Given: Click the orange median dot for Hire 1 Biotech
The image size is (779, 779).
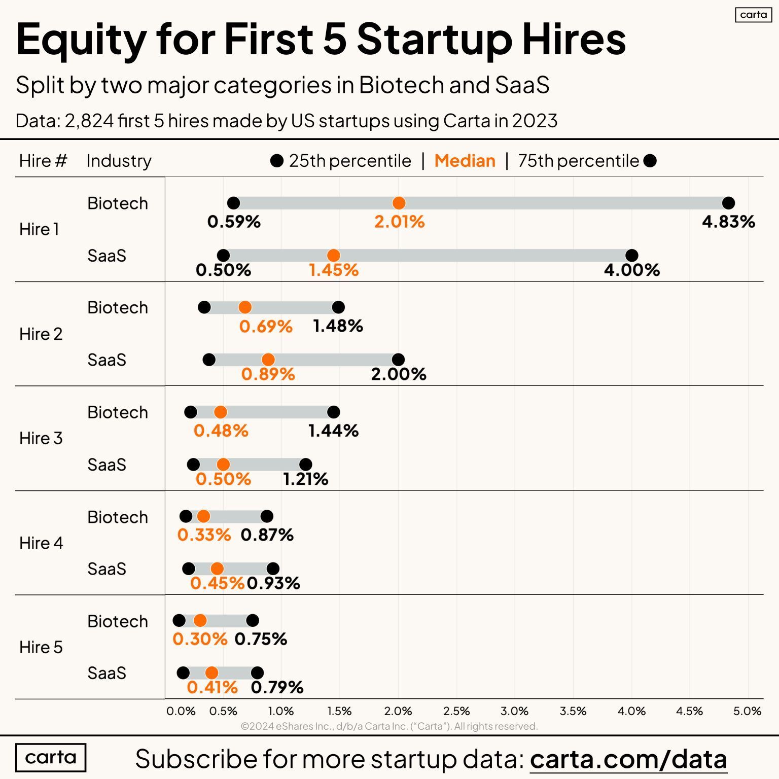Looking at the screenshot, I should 399,203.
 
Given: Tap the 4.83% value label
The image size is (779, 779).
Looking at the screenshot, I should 728,222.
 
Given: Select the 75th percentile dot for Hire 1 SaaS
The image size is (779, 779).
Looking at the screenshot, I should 632,256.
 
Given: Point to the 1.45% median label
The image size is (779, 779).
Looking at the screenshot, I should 334,270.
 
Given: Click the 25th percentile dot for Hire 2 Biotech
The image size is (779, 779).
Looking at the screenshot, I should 204,307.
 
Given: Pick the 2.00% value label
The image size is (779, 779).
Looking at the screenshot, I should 399,374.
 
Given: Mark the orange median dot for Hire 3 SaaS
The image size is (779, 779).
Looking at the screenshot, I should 223,465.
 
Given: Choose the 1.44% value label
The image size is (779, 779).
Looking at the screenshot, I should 333,431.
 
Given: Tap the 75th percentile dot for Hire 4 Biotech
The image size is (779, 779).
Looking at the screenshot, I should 267,517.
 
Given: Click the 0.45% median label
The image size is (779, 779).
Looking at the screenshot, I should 217,583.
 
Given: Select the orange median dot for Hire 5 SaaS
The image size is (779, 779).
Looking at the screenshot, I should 212,673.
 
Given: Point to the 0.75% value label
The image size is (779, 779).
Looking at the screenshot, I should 261,639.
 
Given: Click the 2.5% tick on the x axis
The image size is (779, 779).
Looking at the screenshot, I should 456,711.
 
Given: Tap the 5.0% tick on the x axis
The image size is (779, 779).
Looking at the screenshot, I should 748,711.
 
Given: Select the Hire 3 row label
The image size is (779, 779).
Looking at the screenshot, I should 41,438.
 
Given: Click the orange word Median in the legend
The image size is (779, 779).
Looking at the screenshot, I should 465,161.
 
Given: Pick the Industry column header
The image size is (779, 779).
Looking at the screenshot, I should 119,161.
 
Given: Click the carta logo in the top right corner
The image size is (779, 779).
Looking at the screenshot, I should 753,15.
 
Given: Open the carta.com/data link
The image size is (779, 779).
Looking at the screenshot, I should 628,759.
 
